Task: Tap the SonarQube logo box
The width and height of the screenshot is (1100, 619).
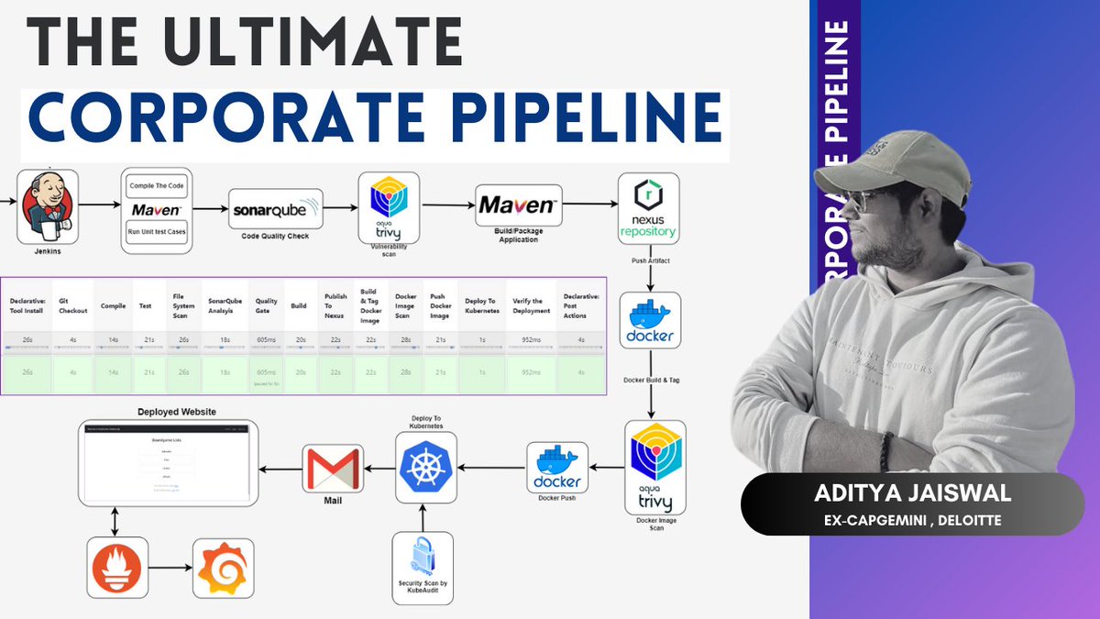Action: tap(276, 209)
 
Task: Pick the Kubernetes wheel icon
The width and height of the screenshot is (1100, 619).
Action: tap(425, 469)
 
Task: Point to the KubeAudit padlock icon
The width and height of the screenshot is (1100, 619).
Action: tap(423, 562)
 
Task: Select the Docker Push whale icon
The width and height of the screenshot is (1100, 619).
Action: tap(557, 467)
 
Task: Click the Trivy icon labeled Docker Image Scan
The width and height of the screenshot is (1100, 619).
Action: tap(654, 467)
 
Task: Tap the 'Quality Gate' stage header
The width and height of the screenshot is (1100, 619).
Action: tap(267, 304)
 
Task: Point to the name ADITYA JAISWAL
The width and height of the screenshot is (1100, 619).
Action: tap(912, 494)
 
